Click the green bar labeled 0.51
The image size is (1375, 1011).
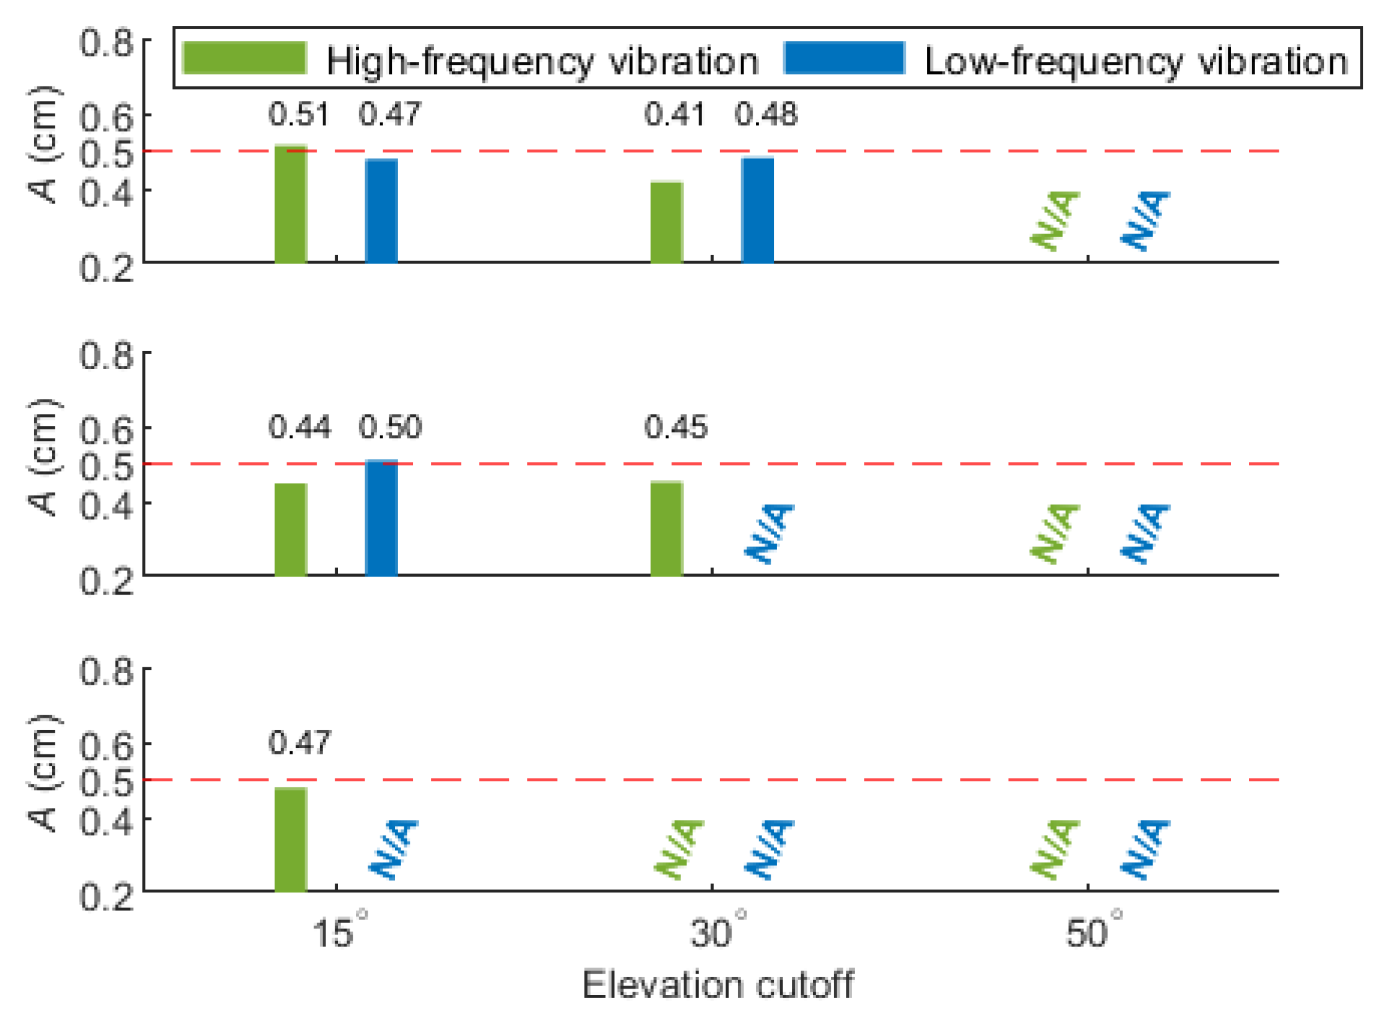click(291, 204)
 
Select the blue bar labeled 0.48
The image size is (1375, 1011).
click(757, 210)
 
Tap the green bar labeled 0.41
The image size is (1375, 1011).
click(666, 222)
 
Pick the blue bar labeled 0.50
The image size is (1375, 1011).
click(381, 517)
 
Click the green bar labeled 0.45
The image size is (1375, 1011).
click(666, 528)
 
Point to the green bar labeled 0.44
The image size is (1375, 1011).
click(291, 529)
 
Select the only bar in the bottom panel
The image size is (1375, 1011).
click(291, 838)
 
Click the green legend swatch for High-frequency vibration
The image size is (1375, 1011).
click(245, 58)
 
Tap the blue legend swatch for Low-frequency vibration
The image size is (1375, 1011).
click(843, 58)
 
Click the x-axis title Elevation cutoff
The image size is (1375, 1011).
click(717, 984)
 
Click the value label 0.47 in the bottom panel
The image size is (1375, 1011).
click(299, 743)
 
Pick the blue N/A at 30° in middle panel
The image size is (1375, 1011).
click(769, 533)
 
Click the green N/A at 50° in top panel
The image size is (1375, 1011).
click(1054, 221)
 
